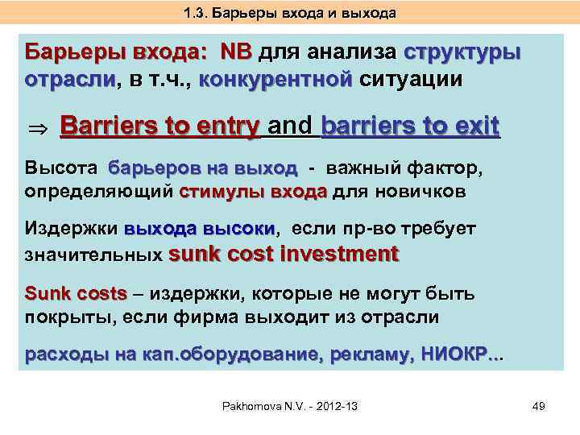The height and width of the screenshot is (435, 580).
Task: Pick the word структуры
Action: (462, 52)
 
